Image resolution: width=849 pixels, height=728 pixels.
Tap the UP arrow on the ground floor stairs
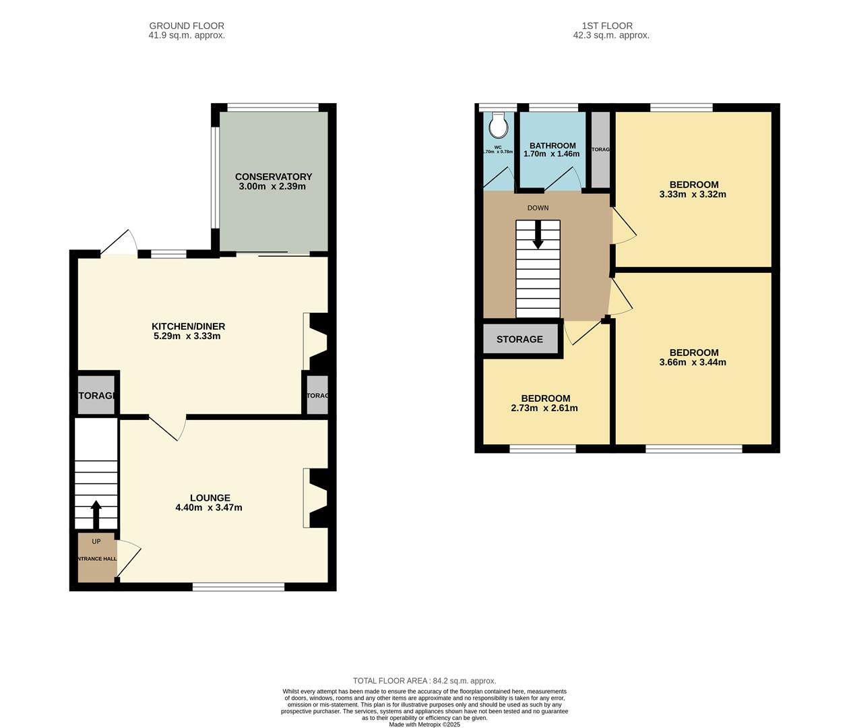pos(96,514)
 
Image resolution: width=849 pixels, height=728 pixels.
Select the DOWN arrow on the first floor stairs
pos(538,236)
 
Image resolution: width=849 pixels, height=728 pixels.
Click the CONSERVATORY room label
pos(273,177)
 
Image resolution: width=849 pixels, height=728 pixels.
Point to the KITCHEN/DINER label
pos(188,326)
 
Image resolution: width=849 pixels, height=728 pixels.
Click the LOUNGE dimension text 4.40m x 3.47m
pos(208,508)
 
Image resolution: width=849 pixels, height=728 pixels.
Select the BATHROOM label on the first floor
pos(553,146)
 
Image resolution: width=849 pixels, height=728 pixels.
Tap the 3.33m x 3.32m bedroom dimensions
pos(693,195)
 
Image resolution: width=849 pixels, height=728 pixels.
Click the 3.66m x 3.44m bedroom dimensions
pos(693,363)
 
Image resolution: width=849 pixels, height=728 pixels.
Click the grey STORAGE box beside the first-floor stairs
pos(520,339)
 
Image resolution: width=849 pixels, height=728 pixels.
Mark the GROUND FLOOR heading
pos(187,26)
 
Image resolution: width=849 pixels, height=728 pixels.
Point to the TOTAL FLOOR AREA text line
pos(425,681)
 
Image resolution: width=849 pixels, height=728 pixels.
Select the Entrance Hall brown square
pos(96,558)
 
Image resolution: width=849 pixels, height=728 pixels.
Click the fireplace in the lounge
pos(317,497)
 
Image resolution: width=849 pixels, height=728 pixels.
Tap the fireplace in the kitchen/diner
pos(317,341)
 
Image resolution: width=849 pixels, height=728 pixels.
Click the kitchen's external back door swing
pos(120,243)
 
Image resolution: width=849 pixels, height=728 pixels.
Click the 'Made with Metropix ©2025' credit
pos(425,725)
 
